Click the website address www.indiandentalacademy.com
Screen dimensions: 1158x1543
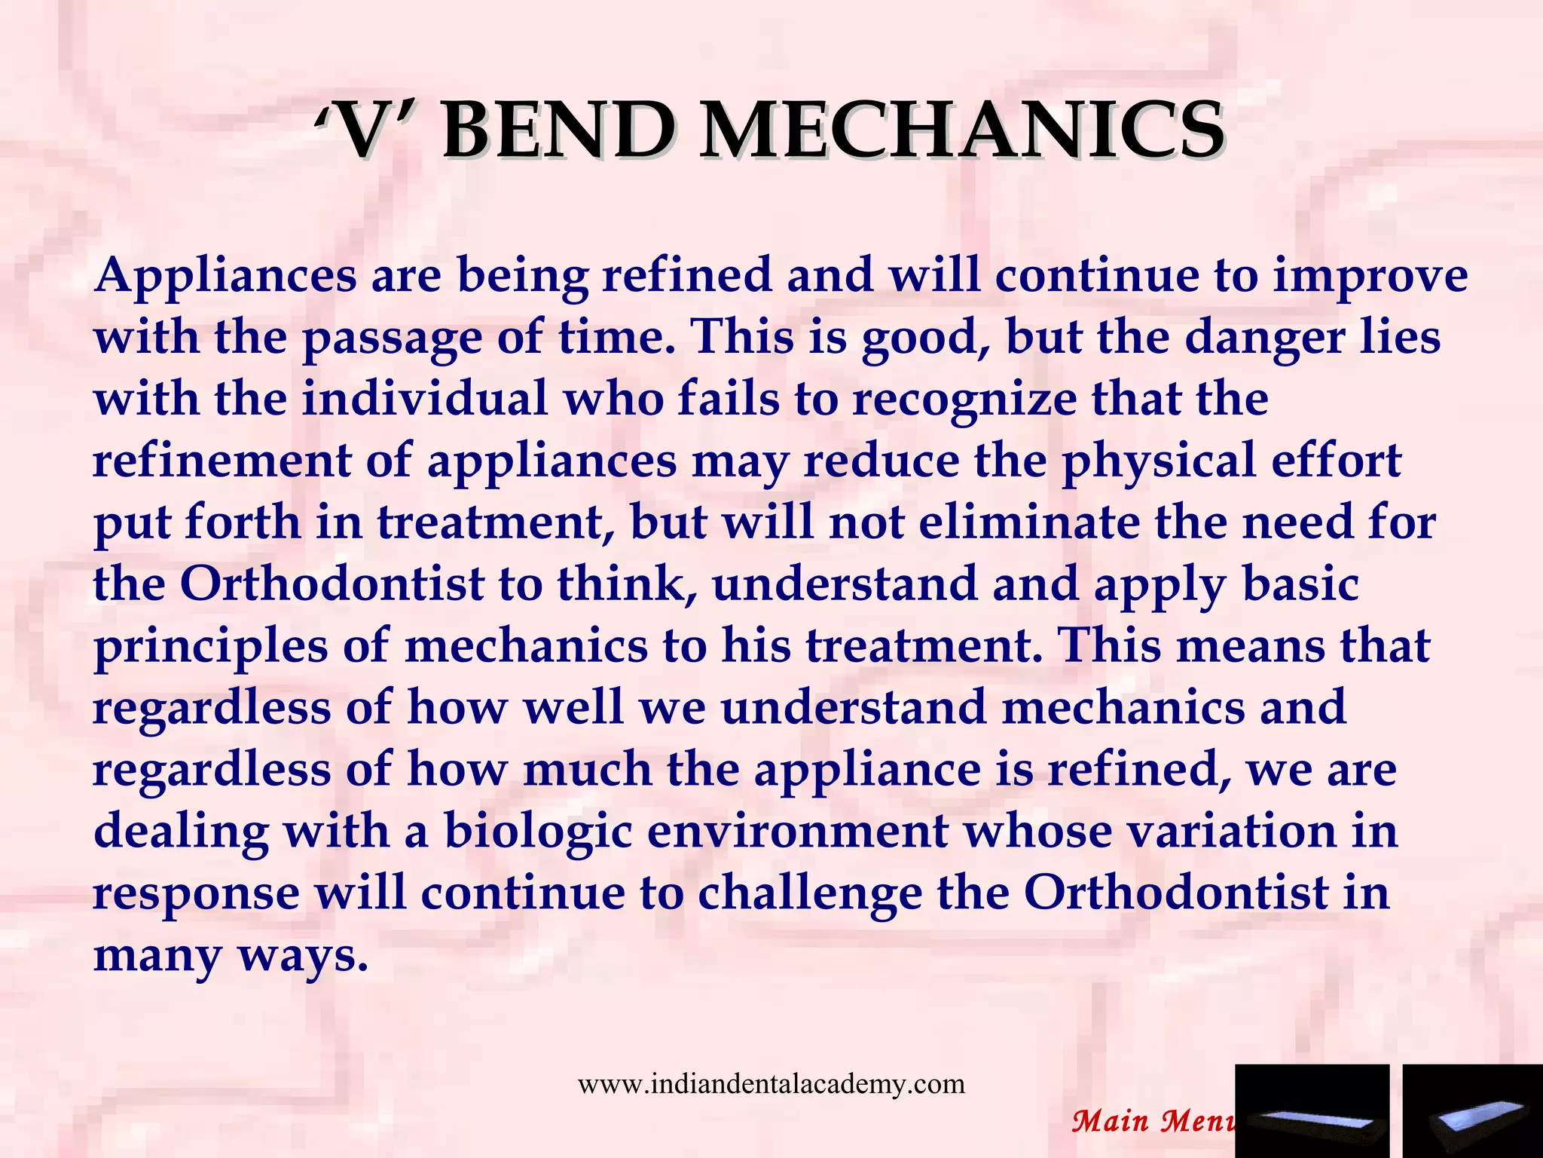[x=771, y=1084]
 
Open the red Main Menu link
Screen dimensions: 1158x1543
[x=1153, y=1121]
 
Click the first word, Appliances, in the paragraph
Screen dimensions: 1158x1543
[x=225, y=276]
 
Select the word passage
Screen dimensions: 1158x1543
[x=392, y=338]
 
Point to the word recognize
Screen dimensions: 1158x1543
[x=964, y=400]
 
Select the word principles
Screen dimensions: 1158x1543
[x=211, y=647]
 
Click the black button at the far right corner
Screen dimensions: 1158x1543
[x=1472, y=1111]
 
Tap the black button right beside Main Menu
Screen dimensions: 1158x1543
[x=1312, y=1111]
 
